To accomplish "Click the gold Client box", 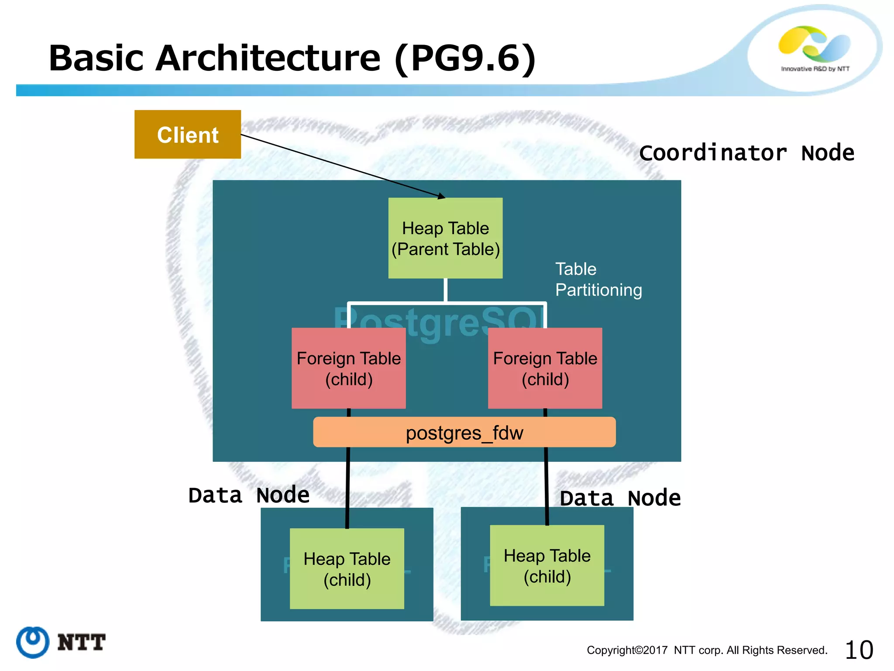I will [187, 134].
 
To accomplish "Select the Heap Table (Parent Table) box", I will [445, 238].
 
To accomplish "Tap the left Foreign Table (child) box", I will [348, 368].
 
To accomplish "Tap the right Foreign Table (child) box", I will [545, 368].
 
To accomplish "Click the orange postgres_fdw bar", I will [464, 432].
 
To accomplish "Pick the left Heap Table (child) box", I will [347, 568].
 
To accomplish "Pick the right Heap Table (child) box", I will [547, 565].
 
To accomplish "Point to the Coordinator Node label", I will [746, 153].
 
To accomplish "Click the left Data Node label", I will [249, 495].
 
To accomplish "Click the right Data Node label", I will [620, 498].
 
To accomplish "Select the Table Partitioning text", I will [598, 279].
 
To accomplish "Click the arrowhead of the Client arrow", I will [442, 197].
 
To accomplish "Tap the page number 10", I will [859, 650].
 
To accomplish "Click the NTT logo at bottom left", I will [61, 642].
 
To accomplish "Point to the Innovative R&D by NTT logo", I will [815, 48].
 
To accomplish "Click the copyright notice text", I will [707, 650].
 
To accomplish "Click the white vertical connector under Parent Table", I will [445, 290].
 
